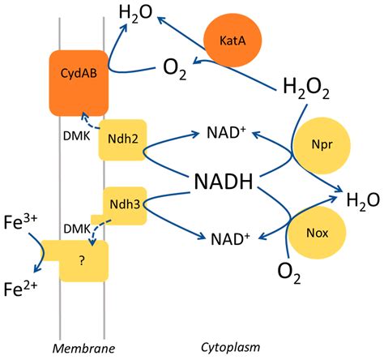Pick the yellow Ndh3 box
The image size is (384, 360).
(123, 205)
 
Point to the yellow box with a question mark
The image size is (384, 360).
(80, 259)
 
